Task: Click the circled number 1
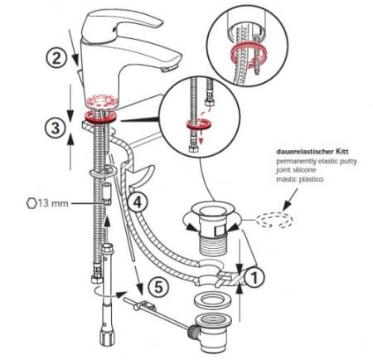tap(254, 277)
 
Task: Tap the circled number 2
tap(56, 59)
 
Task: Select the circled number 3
tap(56, 128)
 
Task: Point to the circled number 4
tap(138, 202)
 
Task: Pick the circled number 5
tap(158, 286)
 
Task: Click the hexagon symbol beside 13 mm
tap(31, 203)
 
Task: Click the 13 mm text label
tap(53, 203)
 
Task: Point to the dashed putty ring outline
tap(274, 220)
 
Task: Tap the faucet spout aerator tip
tap(169, 68)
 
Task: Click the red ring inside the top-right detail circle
tap(247, 51)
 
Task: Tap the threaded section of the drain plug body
tap(214, 244)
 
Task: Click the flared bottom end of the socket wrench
tap(106, 338)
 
